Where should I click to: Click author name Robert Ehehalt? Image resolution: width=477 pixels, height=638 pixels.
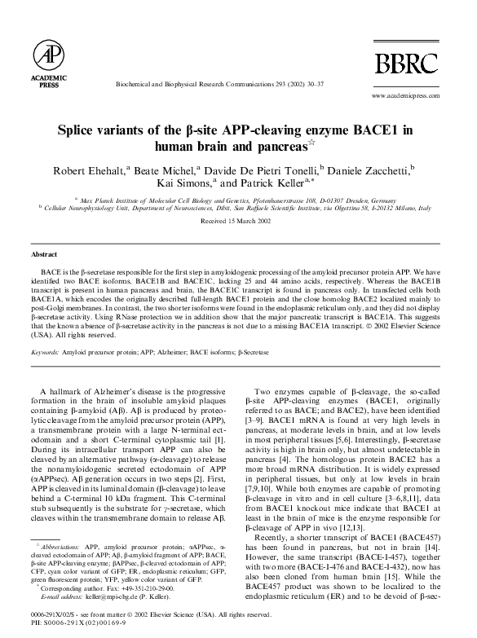pos(84,169)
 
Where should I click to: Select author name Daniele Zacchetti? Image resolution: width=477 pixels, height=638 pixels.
pos(371,169)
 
